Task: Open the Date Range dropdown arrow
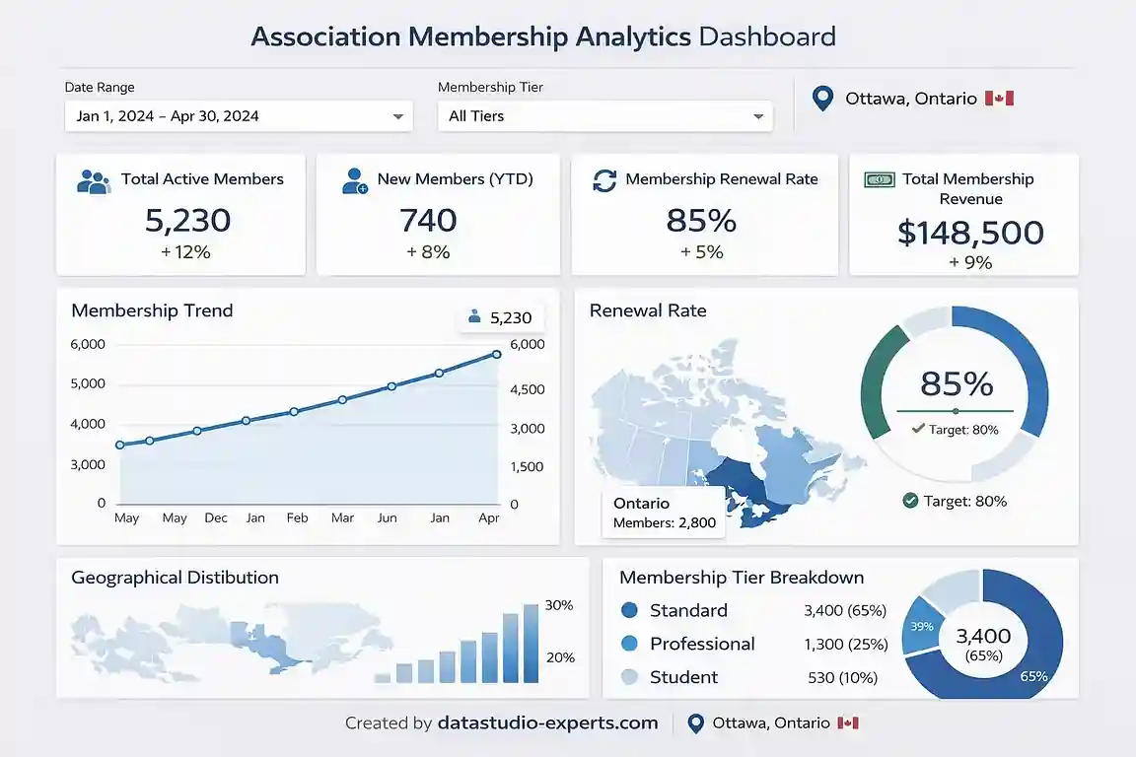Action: click(x=398, y=116)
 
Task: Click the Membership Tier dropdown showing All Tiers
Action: click(x=605, y=116)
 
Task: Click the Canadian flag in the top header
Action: click(x=999, y=99)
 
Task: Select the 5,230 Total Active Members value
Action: click(x=187, y=220)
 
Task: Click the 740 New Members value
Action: click(x=428, y=220)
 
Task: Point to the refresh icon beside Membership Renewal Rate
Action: click(x=603, y=179)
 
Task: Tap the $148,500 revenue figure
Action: click(x=970, y=233)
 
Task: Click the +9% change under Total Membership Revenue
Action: click(x=970, y=262)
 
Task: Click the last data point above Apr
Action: click(x=497, y=355)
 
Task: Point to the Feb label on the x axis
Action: click(x=297, y=517)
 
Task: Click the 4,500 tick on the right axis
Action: click(x=528, y=389)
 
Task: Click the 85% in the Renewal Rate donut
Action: click(x=956, y=382)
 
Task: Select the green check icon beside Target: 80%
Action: click(x=910, y=501)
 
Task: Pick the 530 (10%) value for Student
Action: click(x=841, y=677)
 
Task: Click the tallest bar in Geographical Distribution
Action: click(x=532, y=643)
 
